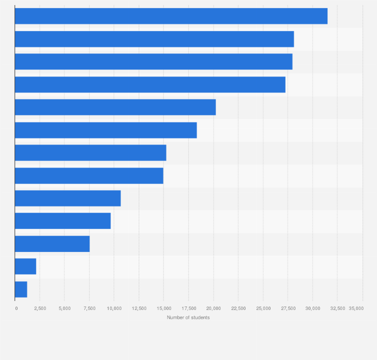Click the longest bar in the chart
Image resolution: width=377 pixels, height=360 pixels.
(171, 16)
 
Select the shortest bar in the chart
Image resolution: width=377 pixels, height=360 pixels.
(21, 289)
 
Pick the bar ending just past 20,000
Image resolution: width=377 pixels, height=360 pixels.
(115, 107)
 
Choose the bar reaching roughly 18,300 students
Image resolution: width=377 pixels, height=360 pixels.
(105, 130)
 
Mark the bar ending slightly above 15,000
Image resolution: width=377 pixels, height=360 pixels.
(90, 152)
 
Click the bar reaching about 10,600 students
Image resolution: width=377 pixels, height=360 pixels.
(67, 198)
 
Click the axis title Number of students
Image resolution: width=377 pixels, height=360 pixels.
(188, 317)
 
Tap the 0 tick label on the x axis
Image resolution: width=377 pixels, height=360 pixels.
(16, 308)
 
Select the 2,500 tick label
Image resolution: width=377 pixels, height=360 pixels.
(40, 308)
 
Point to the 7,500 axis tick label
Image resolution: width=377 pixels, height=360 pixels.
(89, 308)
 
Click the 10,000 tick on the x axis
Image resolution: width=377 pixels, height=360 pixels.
(114, 308)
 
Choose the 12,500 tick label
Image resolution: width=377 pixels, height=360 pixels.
(139, 308)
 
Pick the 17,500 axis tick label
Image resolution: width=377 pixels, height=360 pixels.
(188, 308)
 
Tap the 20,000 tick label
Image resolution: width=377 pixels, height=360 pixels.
(213, 308)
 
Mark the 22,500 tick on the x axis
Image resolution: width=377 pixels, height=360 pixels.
(238, 308)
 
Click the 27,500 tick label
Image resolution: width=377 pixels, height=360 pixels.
(287, 308)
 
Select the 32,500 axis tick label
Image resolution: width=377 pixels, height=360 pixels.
(337, 308)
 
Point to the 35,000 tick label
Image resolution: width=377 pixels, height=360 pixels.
(356, 308)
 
